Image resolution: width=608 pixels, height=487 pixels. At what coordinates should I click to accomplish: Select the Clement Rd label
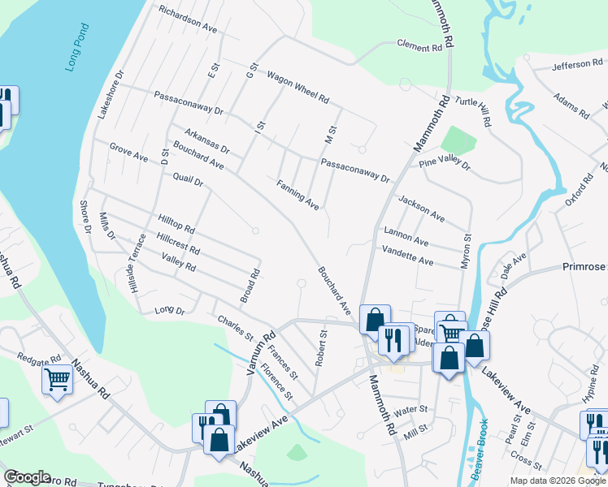(x=419, y=46)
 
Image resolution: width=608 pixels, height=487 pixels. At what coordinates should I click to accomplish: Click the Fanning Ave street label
(x=297, y=195)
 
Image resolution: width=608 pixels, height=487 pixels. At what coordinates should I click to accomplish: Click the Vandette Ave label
(x=407, y=256)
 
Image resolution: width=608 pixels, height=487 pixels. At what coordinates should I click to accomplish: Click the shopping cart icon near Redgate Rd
(x=57, y=378)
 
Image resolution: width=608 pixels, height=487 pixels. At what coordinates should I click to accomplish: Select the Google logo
(x=27, y=477)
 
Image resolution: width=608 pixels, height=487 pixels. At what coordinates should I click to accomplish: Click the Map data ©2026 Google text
(x=557, y=481)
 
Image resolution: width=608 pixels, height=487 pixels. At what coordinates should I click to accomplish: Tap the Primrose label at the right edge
(x=584, y=265)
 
